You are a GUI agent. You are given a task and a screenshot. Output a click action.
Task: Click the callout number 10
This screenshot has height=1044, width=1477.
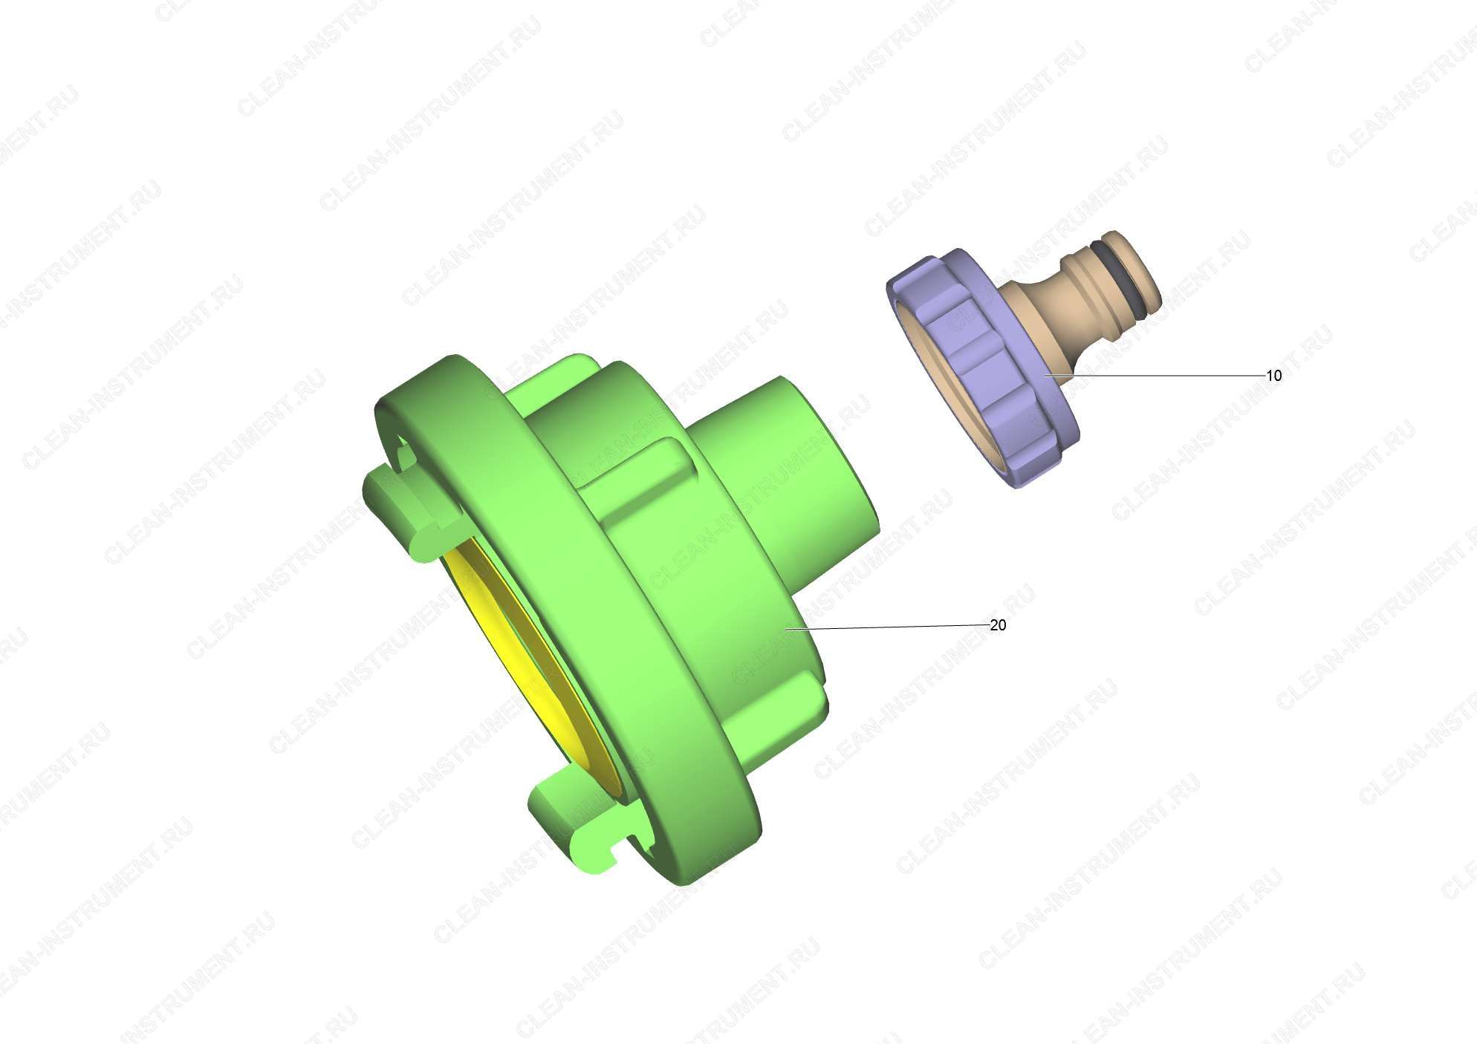1273,376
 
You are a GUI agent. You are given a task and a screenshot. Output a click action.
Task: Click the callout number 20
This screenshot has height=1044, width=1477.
998,625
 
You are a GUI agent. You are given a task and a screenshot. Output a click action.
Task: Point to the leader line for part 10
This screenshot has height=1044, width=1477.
1155,376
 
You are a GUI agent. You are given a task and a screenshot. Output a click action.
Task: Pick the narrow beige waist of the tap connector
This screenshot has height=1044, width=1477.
1040,312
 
